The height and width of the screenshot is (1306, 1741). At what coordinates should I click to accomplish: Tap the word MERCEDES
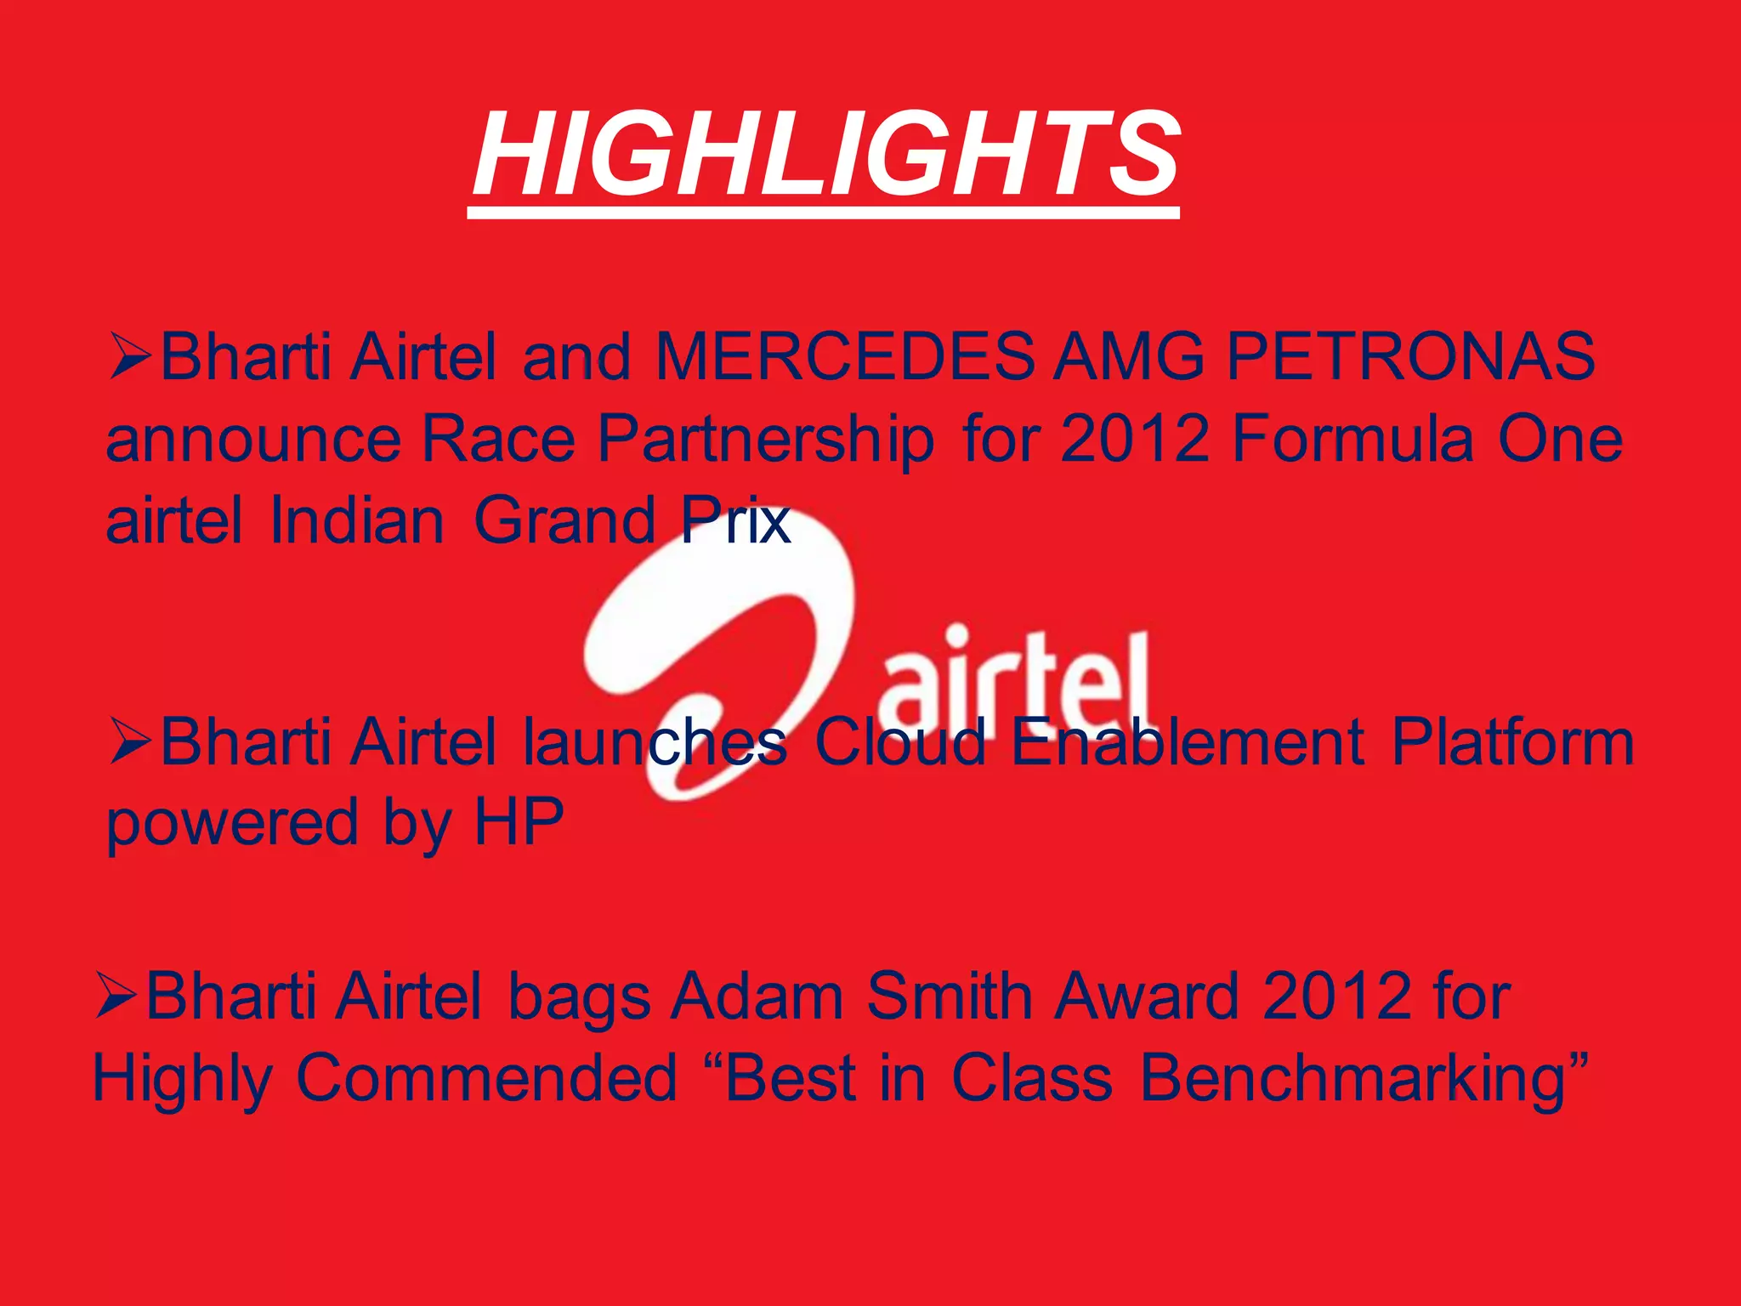(x=845, y=356)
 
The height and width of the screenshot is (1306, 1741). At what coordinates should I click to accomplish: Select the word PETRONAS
(x=1410, y=356)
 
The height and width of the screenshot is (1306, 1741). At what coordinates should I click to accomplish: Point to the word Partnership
(x=765, y=440)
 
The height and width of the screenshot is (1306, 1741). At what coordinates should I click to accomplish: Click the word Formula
(x=1353, y=439)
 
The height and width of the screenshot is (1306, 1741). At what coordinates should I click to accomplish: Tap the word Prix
(x=736, y=520)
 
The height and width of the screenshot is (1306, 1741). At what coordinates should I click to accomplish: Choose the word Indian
(x=357, y=520)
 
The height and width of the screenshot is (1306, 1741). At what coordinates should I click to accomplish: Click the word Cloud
(x=899, y=741)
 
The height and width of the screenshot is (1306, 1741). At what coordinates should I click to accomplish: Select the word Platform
(x=1512, y=741)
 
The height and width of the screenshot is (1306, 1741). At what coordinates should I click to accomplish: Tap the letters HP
(x=519, y=821)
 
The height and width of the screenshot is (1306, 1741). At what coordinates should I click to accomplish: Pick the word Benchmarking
(x=1353, y=1078)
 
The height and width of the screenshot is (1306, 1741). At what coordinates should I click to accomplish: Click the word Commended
(x=487, y=1078)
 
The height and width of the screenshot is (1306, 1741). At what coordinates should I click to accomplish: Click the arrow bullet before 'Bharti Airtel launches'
(x=130, y=741)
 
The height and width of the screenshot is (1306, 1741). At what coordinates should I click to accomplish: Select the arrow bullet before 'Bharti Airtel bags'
(x=116, y=996)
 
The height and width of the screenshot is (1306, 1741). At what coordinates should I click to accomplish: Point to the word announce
(x=253, y=440)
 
